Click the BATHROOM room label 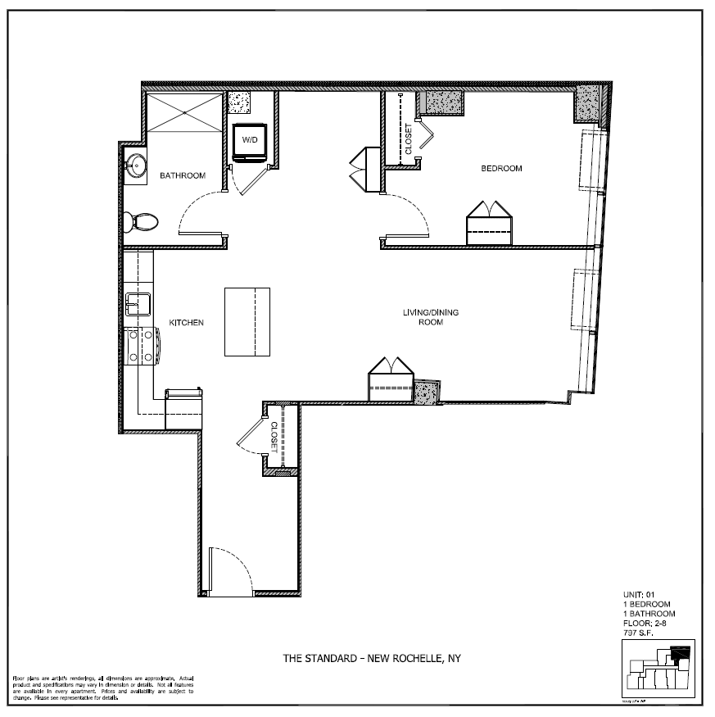coord(182,175)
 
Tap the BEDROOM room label coord(500,169)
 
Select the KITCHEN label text coord(186,323)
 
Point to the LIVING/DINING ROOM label coord(423,317)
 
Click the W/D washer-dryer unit coord(248,141)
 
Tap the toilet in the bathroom coord(143,221)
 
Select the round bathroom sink coord(135,166)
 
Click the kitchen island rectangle coord(247,321)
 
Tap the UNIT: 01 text coord(639,596)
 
